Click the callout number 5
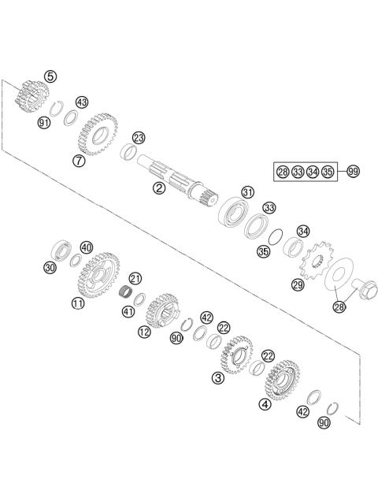click(x=51, y=76)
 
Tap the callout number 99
click(x=352, y=171)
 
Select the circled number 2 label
click(x=159, y=188)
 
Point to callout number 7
click(x=79, y=161)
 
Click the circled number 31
click(x=248, y=191)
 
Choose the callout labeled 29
click(x=298, y=284)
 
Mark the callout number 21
click(x=135, y=279)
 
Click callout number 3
click(x=217, y=378)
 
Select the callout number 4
click(x=265, y=404)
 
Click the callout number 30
click(x=50, y=268)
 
